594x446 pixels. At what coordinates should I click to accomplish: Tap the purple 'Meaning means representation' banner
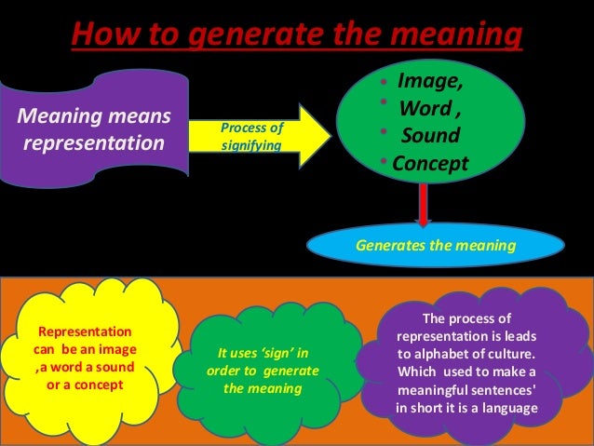[93, 130]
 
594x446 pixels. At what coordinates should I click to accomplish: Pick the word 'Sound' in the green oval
[429, 136]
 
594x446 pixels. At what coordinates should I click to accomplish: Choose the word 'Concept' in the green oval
[430, 163]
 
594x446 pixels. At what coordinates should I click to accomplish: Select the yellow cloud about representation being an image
[85, 358]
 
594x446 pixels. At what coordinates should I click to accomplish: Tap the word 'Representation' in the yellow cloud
[83, 332]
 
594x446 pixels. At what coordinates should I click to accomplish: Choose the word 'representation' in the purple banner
[92, 143]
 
